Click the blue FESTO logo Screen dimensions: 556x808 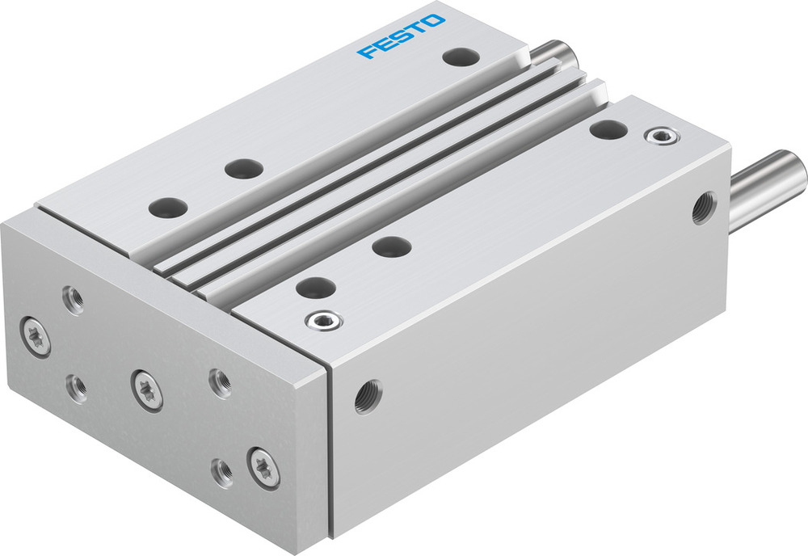click(x=402, y=36)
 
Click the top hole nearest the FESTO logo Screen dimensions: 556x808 click(x=460, y=57)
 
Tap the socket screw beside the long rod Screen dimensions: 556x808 click(x=662, y=135)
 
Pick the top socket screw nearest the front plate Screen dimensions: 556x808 click(x=323, y=322)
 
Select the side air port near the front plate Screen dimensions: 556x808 click(x=368, y=397)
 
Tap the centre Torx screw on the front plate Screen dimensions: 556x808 click(x=146, y=389)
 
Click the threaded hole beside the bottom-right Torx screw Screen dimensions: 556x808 click(x=221, y=471)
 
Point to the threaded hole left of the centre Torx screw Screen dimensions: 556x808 click(x=78, y=390)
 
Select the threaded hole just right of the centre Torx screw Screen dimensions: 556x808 click(x=219, y=382)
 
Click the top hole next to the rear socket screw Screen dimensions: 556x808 click(x=608, y=128)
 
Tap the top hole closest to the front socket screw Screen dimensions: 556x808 click(x=316, y=286)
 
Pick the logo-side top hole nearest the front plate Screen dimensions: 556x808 click(x=168, y=206)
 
